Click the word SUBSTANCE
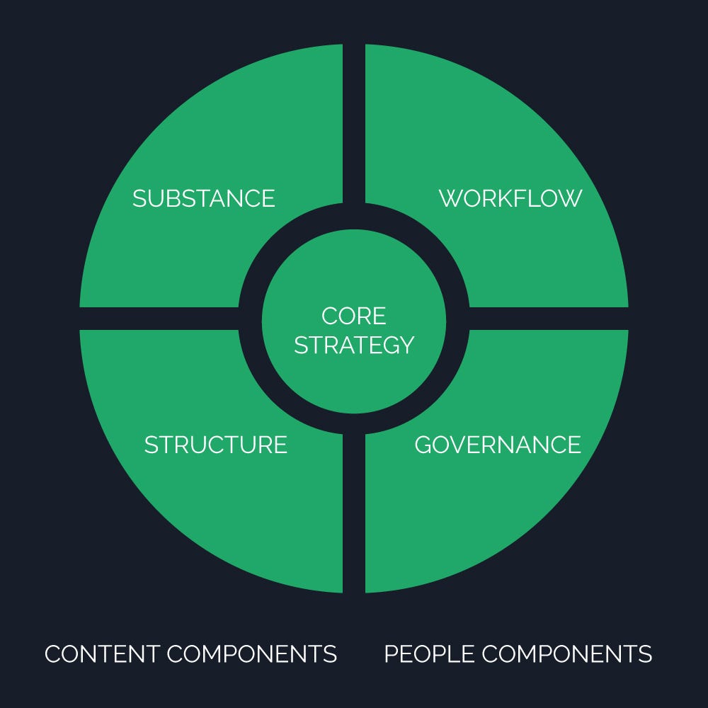tap(204, 198)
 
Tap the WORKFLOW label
tap(510, 198)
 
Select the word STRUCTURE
tap(216, 445)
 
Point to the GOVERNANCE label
tap(498, 445)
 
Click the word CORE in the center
tap(354, 316)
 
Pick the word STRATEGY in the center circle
tap(354, 346)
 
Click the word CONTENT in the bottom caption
tap(101, 653)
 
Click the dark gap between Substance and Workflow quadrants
tap(354, 120)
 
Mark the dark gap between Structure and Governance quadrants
tap(354, 517)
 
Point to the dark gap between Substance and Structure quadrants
tap(156, 319)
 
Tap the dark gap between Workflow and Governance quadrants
tap(552, 319)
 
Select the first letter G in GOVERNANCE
tap(423, 445)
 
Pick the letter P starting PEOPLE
tap(392, 653)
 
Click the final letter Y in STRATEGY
tap(406, 346)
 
